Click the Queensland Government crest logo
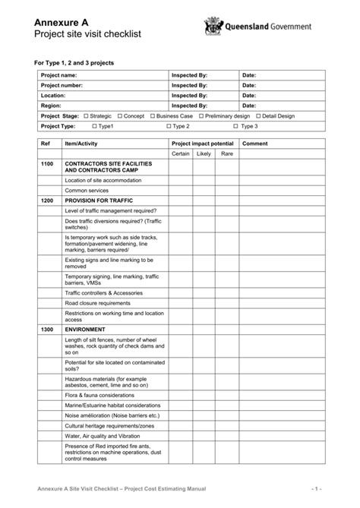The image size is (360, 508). (x=213, y=27)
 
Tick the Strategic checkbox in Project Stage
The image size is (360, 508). (x=87, y=116)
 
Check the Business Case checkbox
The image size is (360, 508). (x=152, y=116)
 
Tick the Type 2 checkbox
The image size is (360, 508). (x=169, y=126)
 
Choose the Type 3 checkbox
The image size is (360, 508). (x=236, y=126)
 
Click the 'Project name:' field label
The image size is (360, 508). (x=58, y=76)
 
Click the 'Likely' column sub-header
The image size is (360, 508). (x=204, y=153)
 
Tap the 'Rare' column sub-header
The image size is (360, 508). (x=226, y=153)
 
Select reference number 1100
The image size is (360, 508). (x=47, y=164)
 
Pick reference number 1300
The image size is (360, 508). (x=47, y=330)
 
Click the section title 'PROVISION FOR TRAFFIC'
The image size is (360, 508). (x=99, y=200)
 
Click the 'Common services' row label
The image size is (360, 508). (x=87, y=190)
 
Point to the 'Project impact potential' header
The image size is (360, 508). (x=203, y=143)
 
